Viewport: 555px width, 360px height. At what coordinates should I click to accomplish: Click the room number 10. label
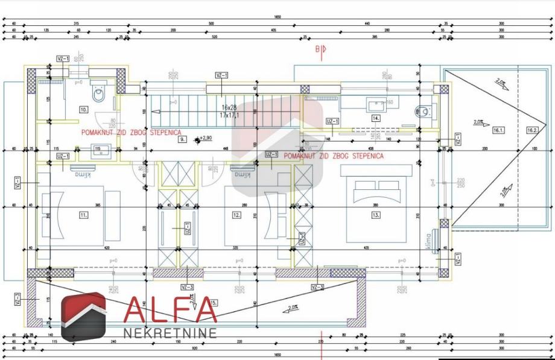pyautogui.click(x=84, y=110)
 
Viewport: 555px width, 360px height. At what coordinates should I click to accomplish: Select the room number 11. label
pyautogui.click(x=83, y=214)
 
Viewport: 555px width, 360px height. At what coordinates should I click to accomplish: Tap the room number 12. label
pyautogui.click(x=236, y=214)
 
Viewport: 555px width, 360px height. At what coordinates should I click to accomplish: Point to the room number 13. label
pyautogui.click(x=376, y=214)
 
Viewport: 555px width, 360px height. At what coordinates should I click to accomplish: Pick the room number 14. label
pyautogui.click(x=376, y=119)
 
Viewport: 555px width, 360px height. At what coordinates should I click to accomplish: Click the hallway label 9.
pyautogui.click(x=182, y=139)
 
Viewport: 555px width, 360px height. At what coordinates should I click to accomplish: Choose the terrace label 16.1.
pyautogui.click(x=498, y=130)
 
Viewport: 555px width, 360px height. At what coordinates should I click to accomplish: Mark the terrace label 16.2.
pyautogui.click(x=531, y=130)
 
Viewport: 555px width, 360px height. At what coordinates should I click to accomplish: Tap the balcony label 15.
pyautogui.click(x=213, y=302)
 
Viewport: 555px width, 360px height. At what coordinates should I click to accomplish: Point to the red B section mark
pyautogui.click(x=318, y=49)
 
